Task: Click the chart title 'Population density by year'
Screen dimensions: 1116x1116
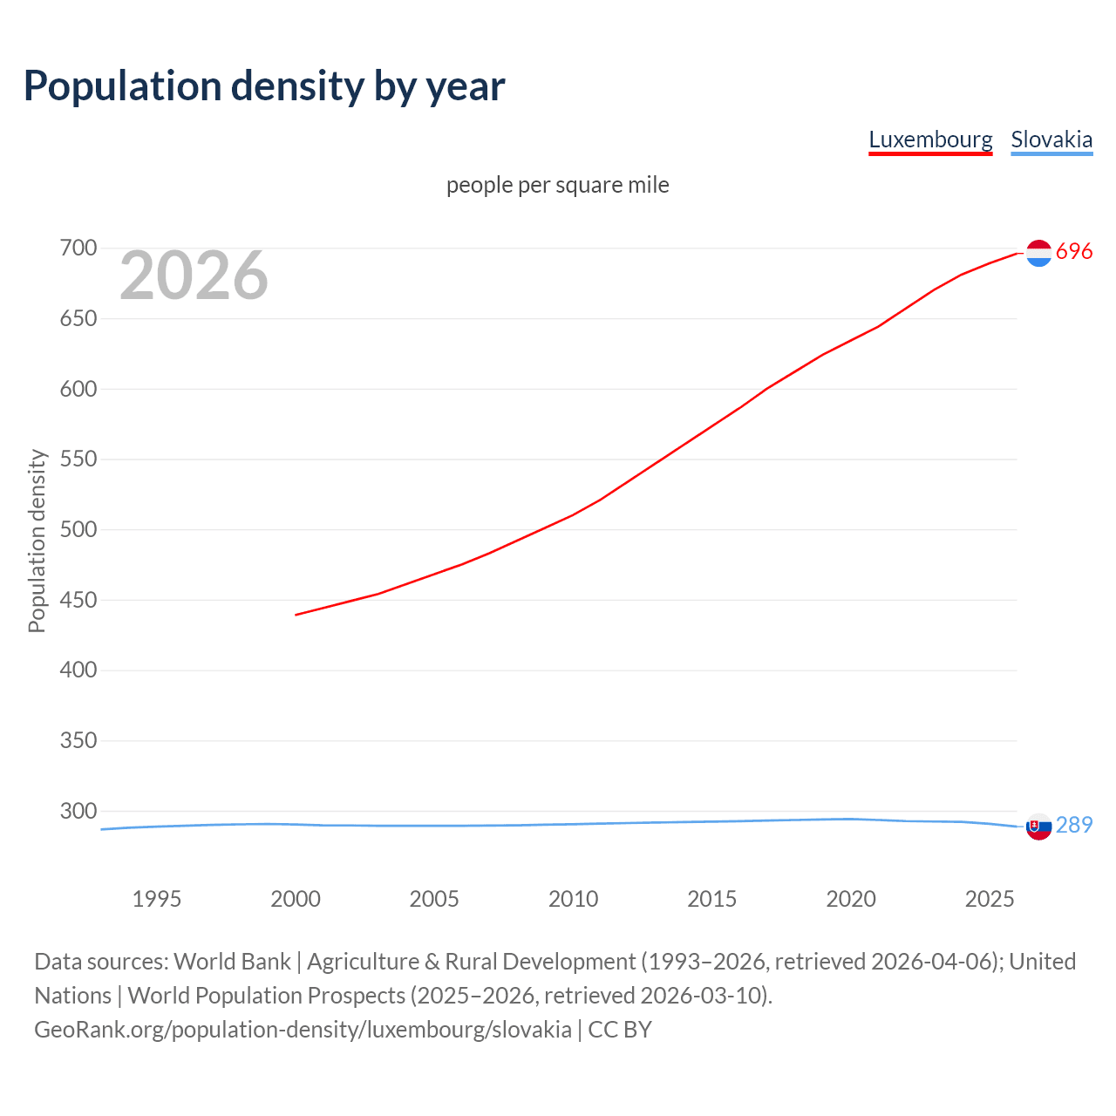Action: click(264, 85)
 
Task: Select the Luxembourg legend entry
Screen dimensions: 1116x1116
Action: click(930, 139)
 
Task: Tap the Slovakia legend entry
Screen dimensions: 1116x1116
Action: click(1051, 139)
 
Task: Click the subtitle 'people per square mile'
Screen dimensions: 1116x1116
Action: click(557, 185)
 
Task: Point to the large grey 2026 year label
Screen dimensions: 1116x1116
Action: click(194, 276)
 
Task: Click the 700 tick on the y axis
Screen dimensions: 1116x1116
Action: click(78, 248)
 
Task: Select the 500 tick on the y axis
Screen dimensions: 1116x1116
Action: click(78, 529)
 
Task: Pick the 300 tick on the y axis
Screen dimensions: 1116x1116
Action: click(78, 811)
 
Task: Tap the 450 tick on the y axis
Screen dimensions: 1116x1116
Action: click(78, 600)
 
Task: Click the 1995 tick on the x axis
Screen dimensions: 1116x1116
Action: click(157, 899)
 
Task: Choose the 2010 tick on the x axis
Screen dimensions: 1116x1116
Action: click(573, 899)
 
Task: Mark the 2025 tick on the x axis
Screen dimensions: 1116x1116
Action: click(990, 899)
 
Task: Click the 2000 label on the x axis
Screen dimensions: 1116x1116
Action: click(296, 899)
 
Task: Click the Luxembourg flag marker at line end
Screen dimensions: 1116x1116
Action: click(1038, 253)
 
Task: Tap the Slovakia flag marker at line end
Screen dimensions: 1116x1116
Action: click(1038, 827)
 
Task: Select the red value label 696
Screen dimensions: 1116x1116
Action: click(1074, 252)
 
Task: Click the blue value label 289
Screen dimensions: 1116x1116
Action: click(1074, 825)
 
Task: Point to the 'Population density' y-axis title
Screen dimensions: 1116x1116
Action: click(37, 541)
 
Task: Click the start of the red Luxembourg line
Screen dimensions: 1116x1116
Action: click(297, 615)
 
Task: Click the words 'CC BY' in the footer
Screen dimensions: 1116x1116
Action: click(620, 1030)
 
